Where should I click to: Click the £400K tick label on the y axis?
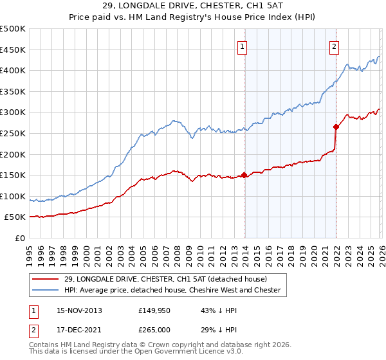[x=13, y=70]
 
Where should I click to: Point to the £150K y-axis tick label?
[x=13, y=175]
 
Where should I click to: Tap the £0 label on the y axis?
[x=19, y=238]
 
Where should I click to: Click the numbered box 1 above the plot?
[x=243, y=46]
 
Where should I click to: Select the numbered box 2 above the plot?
[x=335, y=46]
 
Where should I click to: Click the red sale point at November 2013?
[x=244, y=175]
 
